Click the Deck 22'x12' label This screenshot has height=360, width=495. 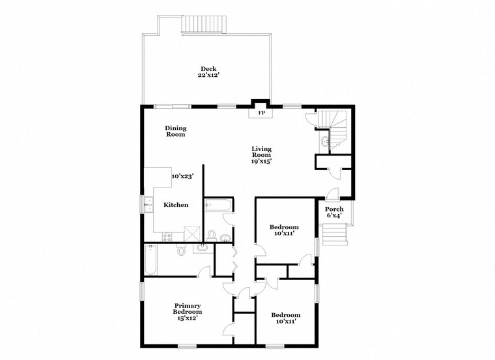208,72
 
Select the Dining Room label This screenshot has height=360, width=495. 175,131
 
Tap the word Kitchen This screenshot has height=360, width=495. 175,204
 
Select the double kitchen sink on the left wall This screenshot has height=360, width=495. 146,204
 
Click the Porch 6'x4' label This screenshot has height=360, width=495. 335,212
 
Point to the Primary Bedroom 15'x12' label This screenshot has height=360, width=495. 186,312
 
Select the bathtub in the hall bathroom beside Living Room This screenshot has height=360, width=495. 216,205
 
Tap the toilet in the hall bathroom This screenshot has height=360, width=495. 212,235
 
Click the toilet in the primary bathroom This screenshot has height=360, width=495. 182,250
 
